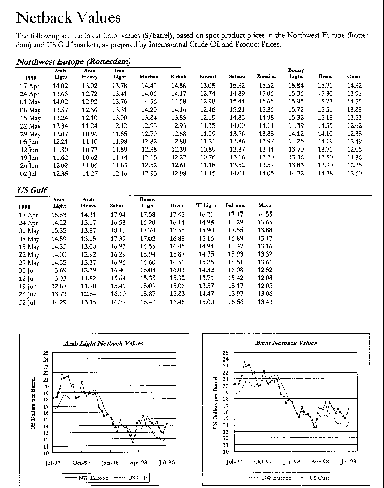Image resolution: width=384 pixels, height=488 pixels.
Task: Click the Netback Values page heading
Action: click(x=69, y=18)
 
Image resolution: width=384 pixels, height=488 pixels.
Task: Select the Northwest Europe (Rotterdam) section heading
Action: click(x=73, y=61)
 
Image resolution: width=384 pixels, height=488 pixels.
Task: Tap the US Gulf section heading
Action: click(x=32, y=190)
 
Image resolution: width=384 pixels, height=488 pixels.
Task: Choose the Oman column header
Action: click(x=354, y=77)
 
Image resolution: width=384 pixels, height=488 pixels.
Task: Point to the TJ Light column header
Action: click(x=206, y=206)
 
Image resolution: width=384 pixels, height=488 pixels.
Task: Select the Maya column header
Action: click(x=265, y=206)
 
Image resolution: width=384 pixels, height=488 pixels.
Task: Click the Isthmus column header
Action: click(x=236, y=206)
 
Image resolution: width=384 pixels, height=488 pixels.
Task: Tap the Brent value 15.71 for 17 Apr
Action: click(x=325, y=86)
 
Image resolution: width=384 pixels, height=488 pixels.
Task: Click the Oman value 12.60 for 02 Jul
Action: click(x=354, y=173)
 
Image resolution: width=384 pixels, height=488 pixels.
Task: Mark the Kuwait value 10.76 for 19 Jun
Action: click(x=207, y=157)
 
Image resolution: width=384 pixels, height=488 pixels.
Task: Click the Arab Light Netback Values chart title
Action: click(x=103, y=343)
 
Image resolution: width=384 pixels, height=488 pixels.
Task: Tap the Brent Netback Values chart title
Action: click(x=286, y=343)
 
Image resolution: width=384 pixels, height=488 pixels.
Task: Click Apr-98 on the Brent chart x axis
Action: click(x=320, y=461)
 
